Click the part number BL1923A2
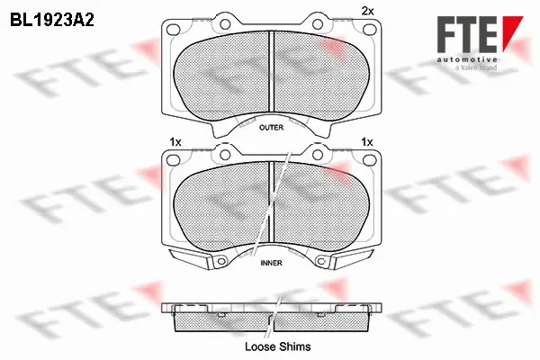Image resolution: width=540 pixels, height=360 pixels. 52,20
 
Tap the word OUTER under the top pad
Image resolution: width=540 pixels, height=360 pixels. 272,128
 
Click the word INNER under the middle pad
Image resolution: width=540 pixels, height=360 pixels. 272,263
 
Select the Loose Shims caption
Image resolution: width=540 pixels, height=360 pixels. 277,346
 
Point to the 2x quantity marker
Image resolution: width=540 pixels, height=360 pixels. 367,12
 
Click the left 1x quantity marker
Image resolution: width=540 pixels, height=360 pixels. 175,142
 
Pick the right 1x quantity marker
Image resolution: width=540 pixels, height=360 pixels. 367,142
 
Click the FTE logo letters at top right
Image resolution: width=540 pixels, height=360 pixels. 467,34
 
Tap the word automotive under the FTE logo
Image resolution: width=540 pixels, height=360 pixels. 467,59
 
